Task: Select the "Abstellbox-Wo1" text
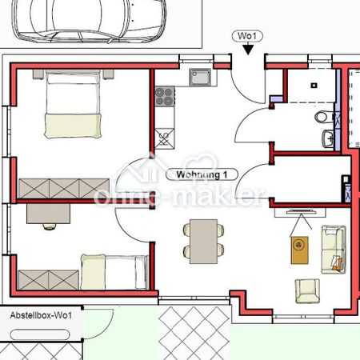[42, 315]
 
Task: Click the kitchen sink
[199, 78]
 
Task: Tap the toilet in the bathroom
[324, 117]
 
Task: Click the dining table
[203, 239]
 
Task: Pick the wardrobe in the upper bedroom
[57, 188]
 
